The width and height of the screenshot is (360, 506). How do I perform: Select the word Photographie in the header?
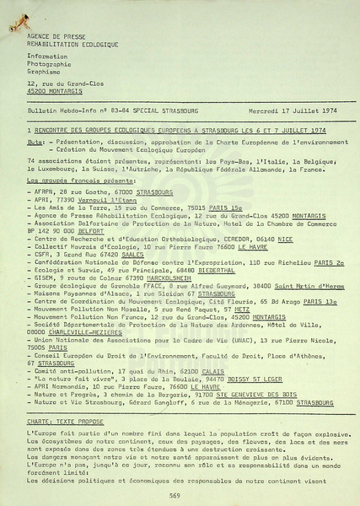[49, 63]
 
